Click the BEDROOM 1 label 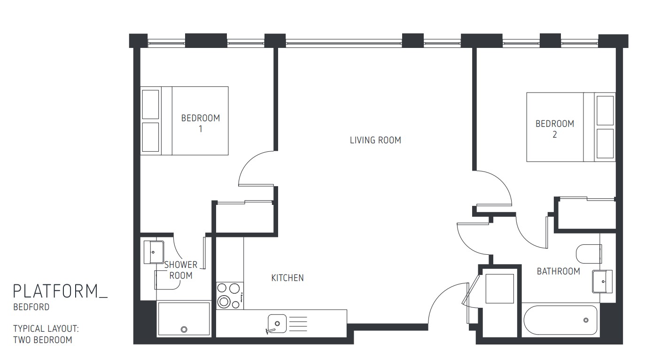[x=201, y=123]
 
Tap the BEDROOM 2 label [x=555, y=129]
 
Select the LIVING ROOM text [x=375, y=140]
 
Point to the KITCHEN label [x=288, y=278]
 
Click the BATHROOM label [x=558, y=271]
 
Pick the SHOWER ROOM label [x=181, y=270]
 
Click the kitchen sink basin [x=277, y=323]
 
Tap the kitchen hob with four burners [x=230, y=296]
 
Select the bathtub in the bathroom [x=560, y=321]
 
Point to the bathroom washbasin [x=603, y=281]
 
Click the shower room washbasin [x=153, y=252]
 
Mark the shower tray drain [x=184, y=329]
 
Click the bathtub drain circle [x=586, y=320]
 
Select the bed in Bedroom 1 [x=185, y=120]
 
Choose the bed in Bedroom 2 [x=570, y=127]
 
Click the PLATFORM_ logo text [x=60, y=291]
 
